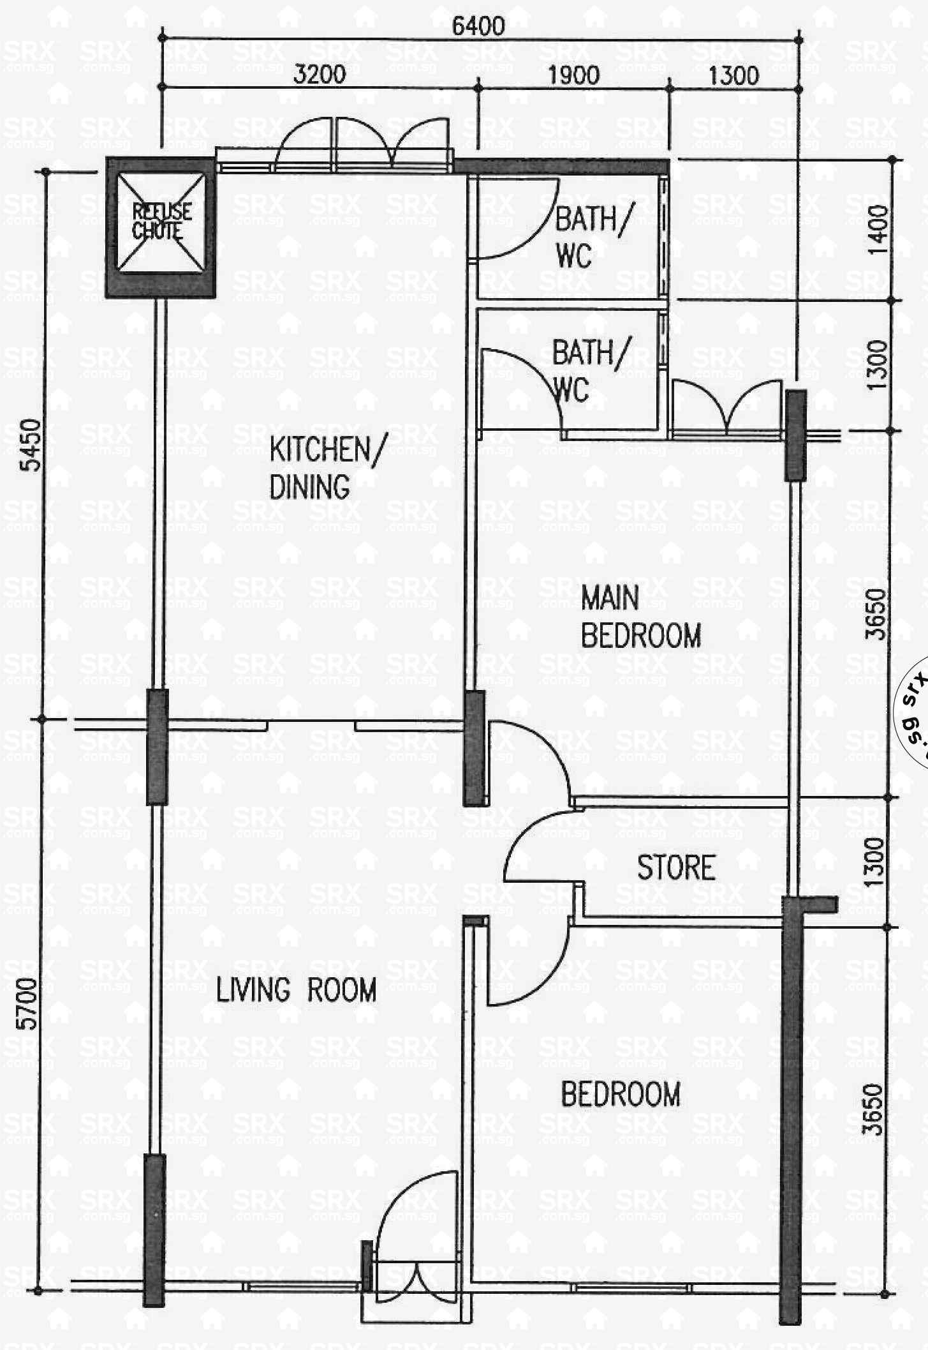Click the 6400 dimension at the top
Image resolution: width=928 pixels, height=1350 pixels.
tap(478, 26)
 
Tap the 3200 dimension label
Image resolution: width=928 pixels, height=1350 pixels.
tap(320, 75)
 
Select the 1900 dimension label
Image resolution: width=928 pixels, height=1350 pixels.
tap(574, 75)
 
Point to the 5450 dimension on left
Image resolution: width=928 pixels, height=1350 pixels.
tap(29, 445)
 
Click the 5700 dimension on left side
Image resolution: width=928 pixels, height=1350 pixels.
tap(28, 1003)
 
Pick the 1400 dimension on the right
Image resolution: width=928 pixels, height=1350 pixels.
tap(878, 229)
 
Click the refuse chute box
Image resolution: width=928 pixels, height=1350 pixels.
tap(161, 228)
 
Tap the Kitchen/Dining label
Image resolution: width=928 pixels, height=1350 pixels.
tap(325, 468)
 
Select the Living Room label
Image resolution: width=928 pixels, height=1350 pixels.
tap(296, 990)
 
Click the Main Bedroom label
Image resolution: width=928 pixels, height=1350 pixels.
tap(640, 617)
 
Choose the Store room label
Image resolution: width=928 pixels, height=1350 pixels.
tap(675, 868)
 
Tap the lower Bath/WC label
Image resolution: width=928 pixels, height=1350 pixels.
tap(589, 371)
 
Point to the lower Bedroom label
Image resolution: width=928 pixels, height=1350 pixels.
tap(621, 1094)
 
